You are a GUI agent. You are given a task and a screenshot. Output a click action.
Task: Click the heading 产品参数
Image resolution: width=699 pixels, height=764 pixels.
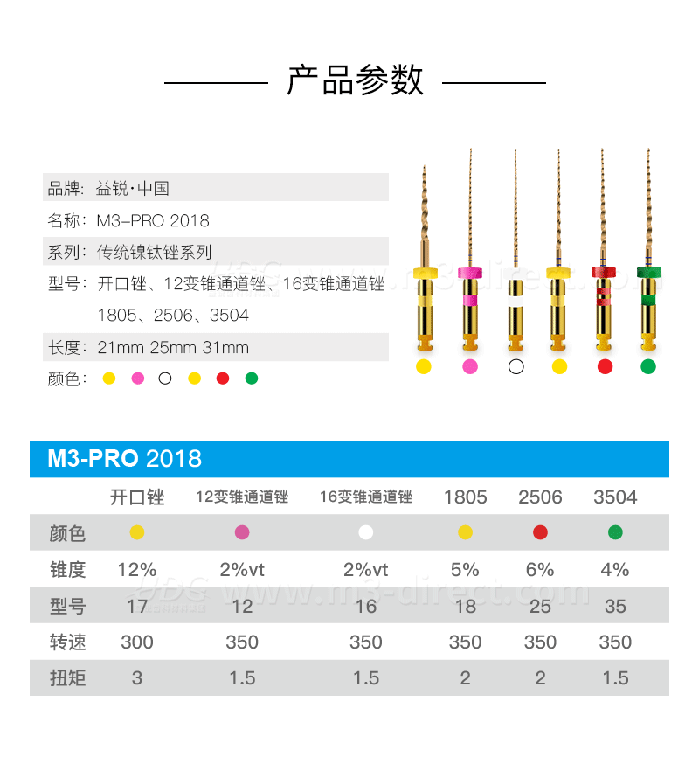pos(355,80)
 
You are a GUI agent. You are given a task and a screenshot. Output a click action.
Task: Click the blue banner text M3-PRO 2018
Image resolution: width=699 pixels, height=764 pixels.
pos(125,458)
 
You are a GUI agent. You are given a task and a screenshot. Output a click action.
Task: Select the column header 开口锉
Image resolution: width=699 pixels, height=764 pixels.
pos(137,497)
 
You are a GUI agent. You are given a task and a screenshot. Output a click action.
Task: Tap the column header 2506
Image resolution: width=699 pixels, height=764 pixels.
pos(540,497)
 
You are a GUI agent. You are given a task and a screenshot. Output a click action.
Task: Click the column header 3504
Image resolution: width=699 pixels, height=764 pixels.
pos(615,497)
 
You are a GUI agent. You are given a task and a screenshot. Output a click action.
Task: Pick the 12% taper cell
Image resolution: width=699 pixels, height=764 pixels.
pos(137,569)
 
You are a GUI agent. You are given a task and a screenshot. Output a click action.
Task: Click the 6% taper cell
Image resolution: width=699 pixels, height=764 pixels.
pos(540,569)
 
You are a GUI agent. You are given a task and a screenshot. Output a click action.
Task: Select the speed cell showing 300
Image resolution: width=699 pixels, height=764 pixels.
pos(137,642)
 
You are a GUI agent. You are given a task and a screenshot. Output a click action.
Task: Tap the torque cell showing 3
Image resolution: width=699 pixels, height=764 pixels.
pos(137,677)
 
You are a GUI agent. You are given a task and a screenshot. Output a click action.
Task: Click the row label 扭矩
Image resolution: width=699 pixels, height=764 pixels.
pos(68,677)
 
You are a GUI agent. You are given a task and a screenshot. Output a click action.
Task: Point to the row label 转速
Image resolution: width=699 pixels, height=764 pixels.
pos(68,642)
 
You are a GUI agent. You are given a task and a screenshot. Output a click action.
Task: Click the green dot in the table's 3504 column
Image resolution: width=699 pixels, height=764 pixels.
pos(615,532)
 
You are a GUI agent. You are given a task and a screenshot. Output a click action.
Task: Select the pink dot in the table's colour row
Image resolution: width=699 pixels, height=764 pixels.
pos(242,532)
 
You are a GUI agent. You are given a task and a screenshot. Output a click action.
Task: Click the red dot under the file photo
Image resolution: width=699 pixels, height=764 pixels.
pos(605,366)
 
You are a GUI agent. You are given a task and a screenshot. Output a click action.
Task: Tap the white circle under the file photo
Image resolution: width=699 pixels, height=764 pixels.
pos(516,366)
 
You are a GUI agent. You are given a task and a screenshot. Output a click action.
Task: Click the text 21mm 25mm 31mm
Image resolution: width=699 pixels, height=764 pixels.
pos(173,347)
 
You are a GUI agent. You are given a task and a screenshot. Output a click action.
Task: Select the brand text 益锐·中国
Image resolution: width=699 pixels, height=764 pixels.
pos(132,188)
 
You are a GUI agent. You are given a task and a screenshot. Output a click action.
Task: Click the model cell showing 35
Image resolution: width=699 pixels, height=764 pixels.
pos(615,606)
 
